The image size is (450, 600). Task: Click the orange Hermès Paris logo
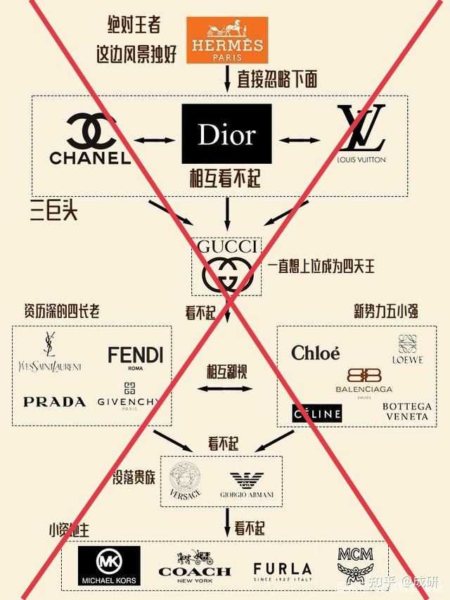pyautogui.click(x=227, y=39)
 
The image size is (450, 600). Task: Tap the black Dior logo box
pyautogui.click(x=226, y=134)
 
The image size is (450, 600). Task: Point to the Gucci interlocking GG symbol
pyautogui.click(x=226, y=274)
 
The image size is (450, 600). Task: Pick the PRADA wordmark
pyautogui.click(x=54, y=402)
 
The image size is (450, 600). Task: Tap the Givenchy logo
pyautogui.click(x=129, y=395)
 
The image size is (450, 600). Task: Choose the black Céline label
pyautogui.click(x=316, y=413)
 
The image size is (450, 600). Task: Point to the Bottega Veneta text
pyautogui.click(x=406, y=411)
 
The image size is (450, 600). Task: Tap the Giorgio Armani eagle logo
pyautogui.click(x=245, y=484)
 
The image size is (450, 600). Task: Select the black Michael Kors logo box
pyautogui.click(x=108, y=566)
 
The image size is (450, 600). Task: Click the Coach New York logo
pyautogui.click(x=195, y=565)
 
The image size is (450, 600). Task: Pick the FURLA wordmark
pyautogui.click(x=282, y=570)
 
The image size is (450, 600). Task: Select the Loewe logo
pyautogui.click(x=408, y=349)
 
